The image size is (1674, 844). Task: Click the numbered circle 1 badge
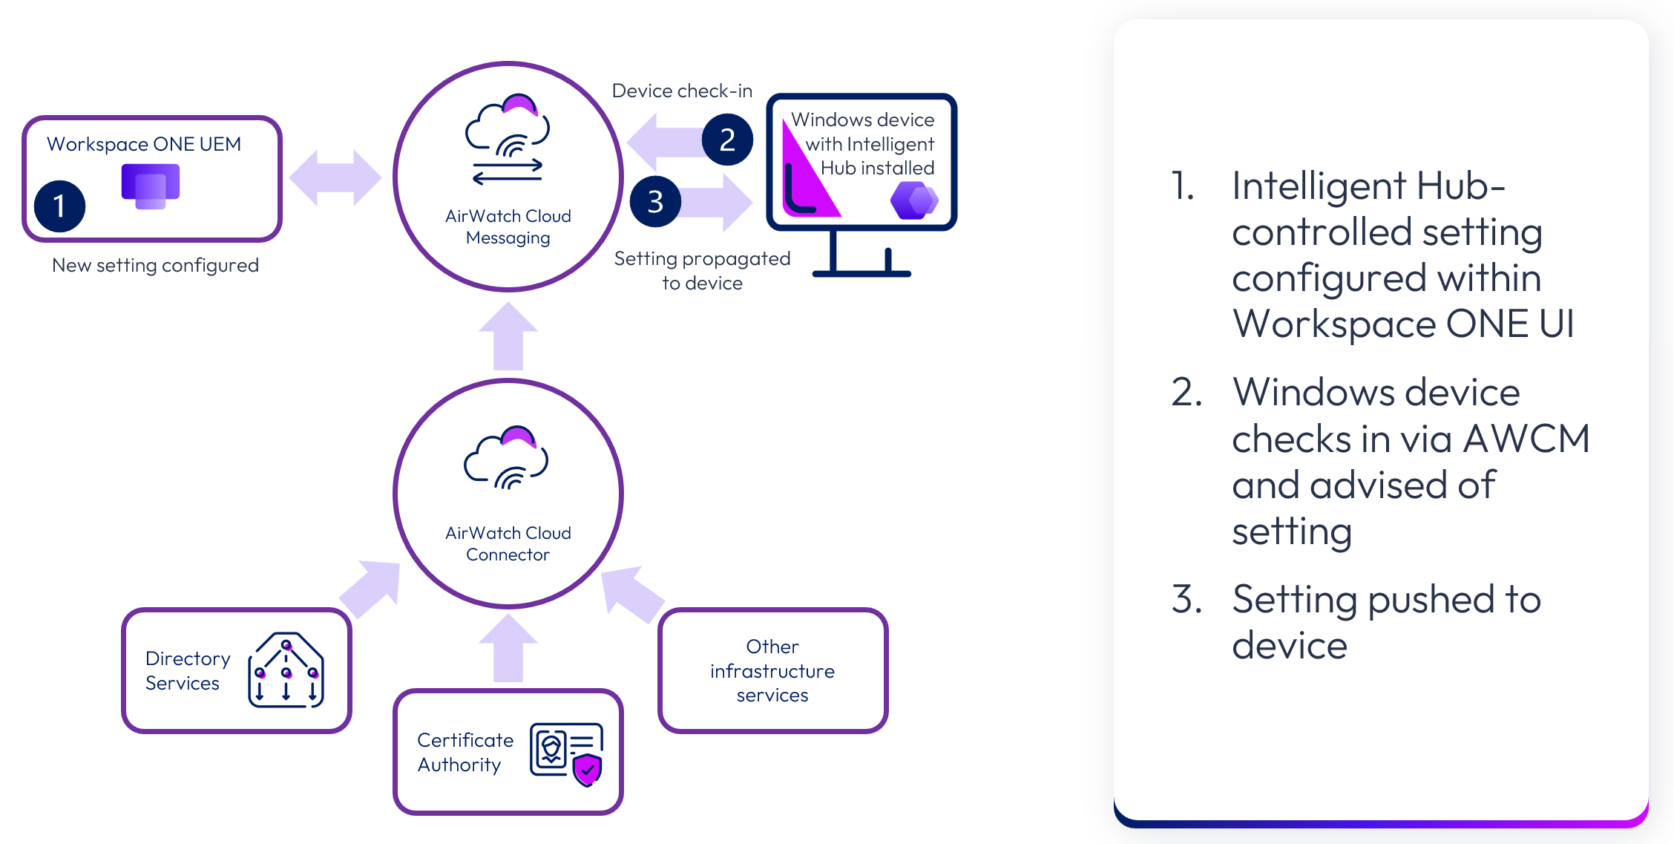(x=59, y=206)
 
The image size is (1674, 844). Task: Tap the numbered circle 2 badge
(x=727, y=140)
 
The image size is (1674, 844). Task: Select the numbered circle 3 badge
(x=655, y=201)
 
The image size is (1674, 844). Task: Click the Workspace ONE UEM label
(x=144, y=144)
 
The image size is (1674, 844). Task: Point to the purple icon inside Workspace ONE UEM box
(x=151, y=185)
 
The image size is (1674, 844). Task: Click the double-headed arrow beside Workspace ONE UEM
(x=335, y=177)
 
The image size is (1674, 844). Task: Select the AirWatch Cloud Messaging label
(x=508, y=226)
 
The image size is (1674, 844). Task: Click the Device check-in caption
(x=681, y=91)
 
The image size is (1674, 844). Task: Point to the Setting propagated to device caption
(x=702, y=270)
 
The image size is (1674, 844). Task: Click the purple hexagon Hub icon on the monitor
(x=914, y=200)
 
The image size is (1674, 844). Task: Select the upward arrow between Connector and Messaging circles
(x=508, y=337)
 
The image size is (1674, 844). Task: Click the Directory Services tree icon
(x=286, y=670)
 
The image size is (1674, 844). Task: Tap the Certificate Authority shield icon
(x=587, y=770)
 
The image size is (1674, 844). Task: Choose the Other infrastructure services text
(x=772, y=670)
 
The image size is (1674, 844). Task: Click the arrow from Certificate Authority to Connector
(x=508, y=649)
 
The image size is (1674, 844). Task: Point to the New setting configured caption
(x=155, y=265)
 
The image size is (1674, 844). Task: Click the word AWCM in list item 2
(x=1526, y=439)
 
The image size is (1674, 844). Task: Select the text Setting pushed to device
(x=1385, y=621)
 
